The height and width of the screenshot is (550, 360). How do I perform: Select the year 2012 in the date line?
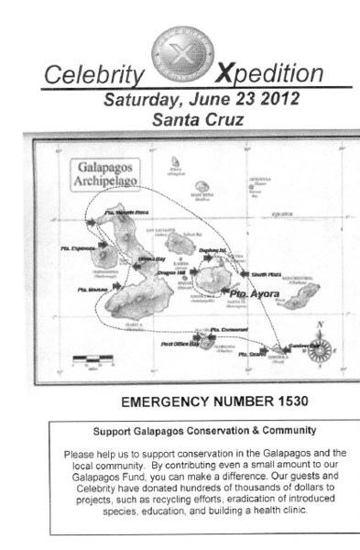(x=272, y=99)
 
